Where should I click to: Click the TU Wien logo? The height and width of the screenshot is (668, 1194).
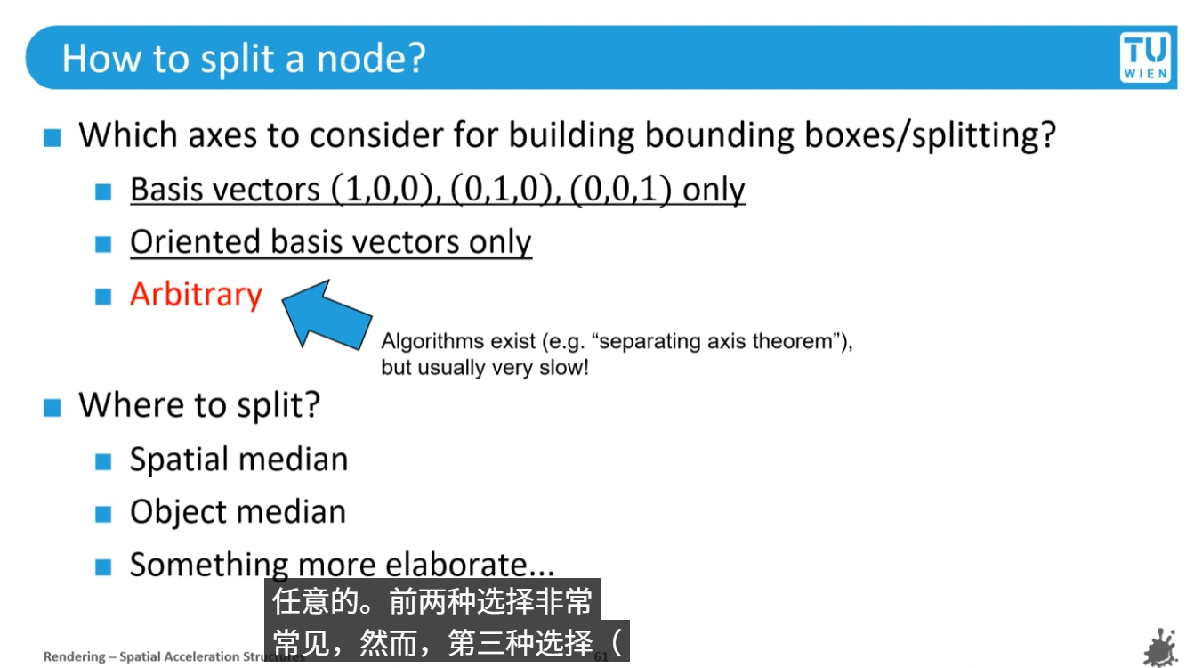point(1145,58)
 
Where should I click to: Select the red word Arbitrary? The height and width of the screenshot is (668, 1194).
point(196,295)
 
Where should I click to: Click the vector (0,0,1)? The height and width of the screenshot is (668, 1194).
point(621,190)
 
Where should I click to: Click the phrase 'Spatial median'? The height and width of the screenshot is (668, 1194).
point(238,460)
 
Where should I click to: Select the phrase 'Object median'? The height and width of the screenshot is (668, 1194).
point(238,512)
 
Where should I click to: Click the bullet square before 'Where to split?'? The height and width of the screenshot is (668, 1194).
point(52,408)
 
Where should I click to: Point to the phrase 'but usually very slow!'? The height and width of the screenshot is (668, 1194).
point(485,367)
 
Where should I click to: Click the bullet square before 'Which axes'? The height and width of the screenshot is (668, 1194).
point(52,138)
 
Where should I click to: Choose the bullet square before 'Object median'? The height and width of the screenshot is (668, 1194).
point(104,514)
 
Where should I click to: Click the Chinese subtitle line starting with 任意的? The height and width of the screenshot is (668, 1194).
point(432,602)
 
